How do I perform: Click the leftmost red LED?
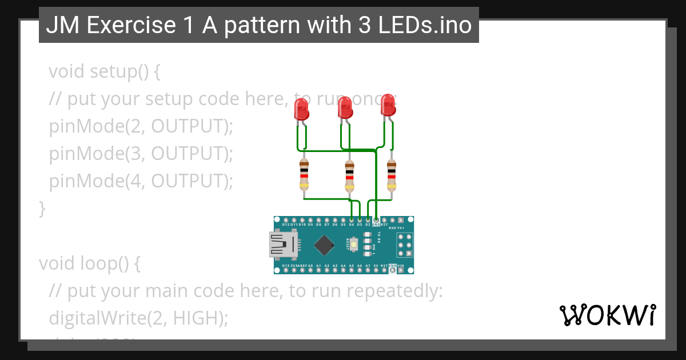pos(301,109)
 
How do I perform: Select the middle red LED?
pos(344,107)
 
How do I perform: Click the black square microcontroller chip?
pos(324,245)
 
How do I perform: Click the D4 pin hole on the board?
pos(351,220)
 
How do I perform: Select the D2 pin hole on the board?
pos(368,220)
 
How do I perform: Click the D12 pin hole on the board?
pos(285,220)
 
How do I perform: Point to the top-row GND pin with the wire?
pos(376,220)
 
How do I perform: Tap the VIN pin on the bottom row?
pos(401,271)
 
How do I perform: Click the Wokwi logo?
pos(607,315)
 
